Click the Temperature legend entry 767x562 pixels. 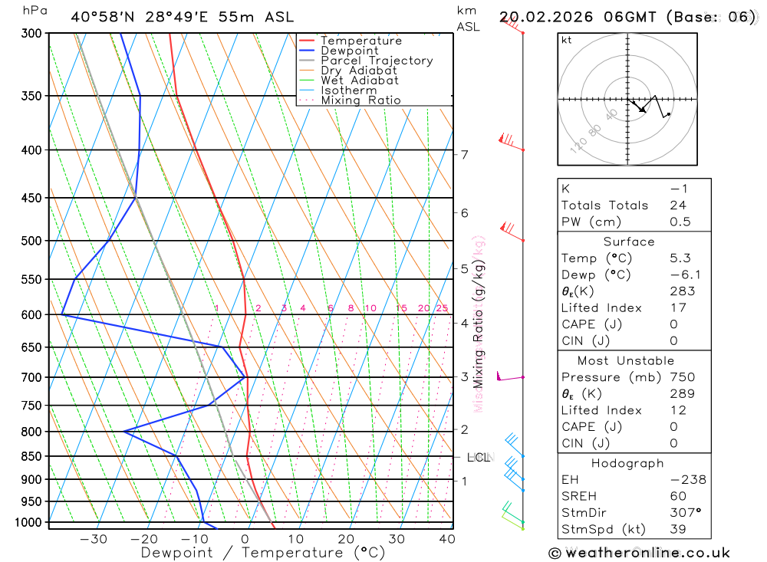click(x=360, y=41)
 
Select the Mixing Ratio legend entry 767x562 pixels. click(x=360, y=100)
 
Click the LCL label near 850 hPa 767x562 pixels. click(x=479, y=458)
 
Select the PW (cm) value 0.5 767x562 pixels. click(x=680, y=222)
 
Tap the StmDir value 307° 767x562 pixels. click(x=683, y=513)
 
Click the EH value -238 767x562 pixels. click(x=686, y=480)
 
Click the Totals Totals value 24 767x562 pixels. click(x=677, y=205)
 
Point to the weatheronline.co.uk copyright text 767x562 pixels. click(x=639, y=553)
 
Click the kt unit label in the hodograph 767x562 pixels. click(x=567, y=40)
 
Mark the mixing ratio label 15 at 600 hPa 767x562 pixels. click(x=401, y=308)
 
